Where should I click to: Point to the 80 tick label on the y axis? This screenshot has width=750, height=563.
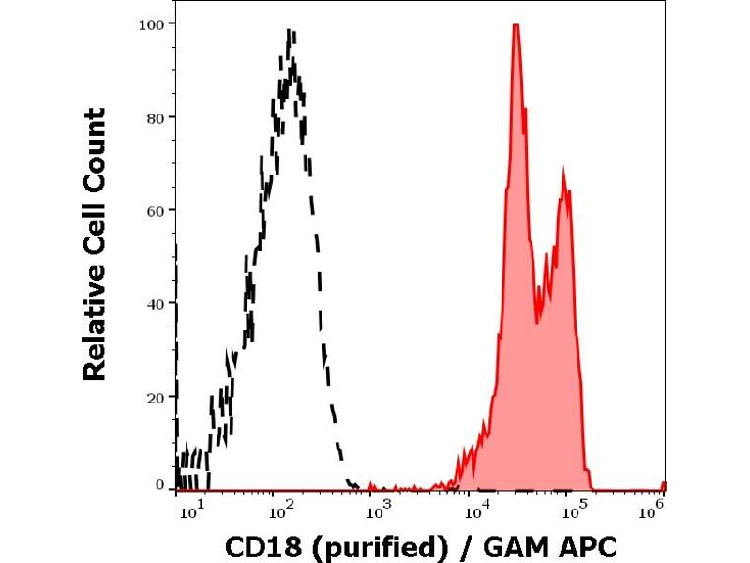click(x=156, y=117)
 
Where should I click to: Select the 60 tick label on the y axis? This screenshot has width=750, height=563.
click(x=156, y=210)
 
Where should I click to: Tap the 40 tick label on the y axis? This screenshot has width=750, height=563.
click(x=156, y=303)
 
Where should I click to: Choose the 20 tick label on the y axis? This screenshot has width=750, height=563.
click(x=156, y=396)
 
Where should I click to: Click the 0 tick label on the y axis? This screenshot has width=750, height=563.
click(x=159, y=484)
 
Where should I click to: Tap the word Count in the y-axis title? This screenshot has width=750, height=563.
click(x=95, y=144)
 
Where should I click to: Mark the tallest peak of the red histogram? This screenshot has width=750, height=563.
click(x=516, y=25)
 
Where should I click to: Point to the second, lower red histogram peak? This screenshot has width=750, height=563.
click(x=563, y=172)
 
